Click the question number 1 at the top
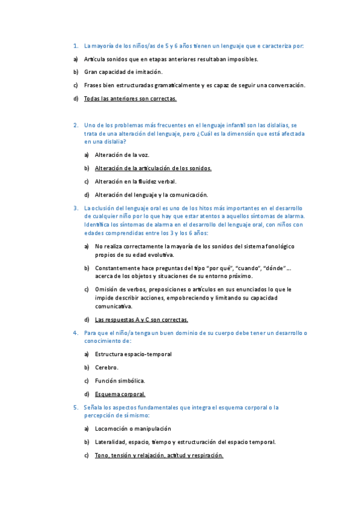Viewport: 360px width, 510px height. point(75,46)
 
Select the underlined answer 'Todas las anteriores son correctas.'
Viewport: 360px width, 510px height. point(130,99)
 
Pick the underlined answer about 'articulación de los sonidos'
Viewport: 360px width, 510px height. point(153,168)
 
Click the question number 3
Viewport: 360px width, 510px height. point(75,208)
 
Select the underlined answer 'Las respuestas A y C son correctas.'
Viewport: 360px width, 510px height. point(142,320)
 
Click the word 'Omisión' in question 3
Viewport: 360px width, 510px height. point(106,289)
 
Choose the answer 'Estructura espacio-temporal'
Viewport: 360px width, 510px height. point(133,354)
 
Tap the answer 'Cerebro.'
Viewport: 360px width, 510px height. point(107,367)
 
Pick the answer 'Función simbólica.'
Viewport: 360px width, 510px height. point(120,381)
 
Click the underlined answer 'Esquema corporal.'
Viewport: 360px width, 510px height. point(120,395)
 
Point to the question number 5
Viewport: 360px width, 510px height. point(75,408)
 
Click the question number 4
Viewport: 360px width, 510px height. point(75,333)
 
